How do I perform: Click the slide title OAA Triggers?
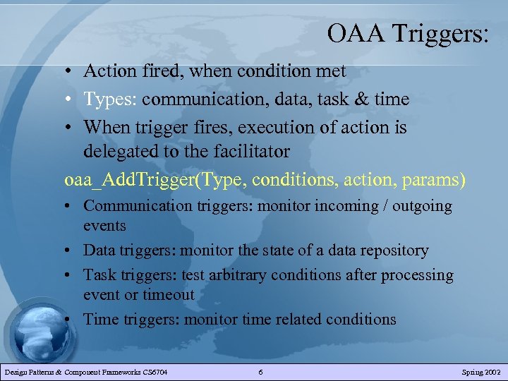[x=407, y=33]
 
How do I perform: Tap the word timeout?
[x=167, y=294]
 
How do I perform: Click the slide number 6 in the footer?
[x=260, y=372]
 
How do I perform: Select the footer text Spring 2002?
[x=481, y=372]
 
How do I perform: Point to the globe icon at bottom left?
[x=35, y=332]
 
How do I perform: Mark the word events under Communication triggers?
[x=104, y=226]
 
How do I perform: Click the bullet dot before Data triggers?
[x=73, y=250]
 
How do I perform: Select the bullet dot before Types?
[x=73, y=99]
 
